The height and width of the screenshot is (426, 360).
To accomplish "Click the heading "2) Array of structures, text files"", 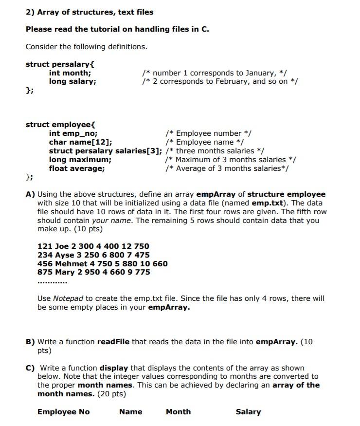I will point(89,12).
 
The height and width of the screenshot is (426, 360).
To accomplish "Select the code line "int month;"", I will point(70,73).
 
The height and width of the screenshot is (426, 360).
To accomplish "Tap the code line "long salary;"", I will point(72,81).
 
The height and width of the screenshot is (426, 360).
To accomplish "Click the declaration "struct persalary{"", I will point(59,64).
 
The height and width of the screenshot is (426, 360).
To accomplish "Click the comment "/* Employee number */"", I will point(208,133).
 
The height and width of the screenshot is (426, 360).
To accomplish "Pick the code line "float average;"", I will point(76,168).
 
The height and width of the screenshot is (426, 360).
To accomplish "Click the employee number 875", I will point(45,272).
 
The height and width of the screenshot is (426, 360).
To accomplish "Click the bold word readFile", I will point(113,342).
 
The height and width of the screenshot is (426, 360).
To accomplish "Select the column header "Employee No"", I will point(63,412).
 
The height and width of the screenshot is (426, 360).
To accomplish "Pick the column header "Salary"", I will point(248,412).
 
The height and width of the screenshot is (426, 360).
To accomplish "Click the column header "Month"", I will point(178,412).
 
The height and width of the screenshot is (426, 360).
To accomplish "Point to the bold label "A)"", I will point(30,194).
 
